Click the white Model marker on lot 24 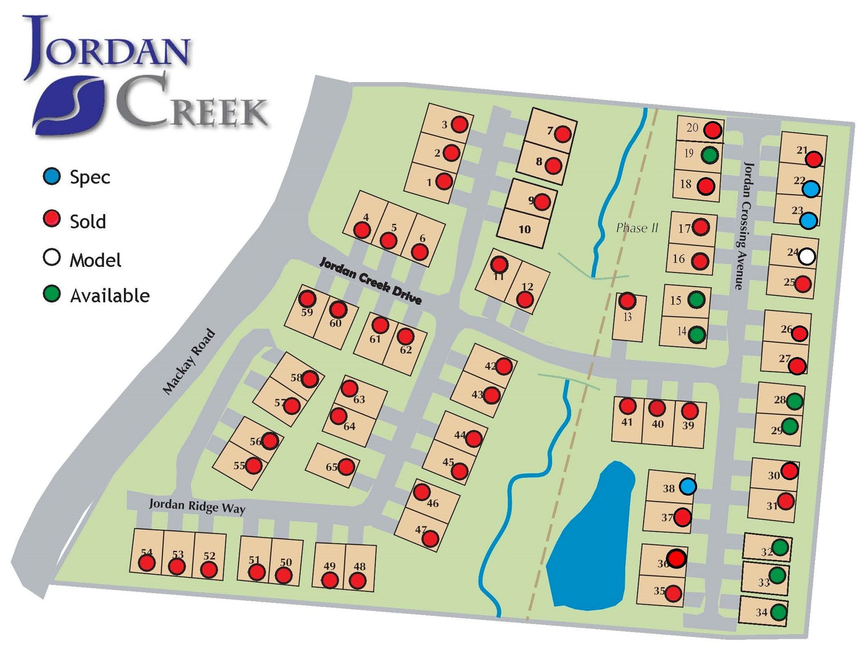point(806,256)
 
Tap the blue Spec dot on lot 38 point(688,487)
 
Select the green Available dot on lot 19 point(710,155)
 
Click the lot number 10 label point(524,229)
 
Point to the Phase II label point(637,228)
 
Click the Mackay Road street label point(189,361)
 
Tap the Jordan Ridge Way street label point(197,506)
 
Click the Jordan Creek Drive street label point(370,281)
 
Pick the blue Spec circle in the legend point(52,176)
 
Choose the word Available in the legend point(110,295)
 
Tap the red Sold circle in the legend point(52,218)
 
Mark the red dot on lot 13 point(627,301)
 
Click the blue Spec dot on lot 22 point(811,189)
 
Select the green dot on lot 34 point(778,612)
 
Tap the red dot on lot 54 point(147,563)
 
